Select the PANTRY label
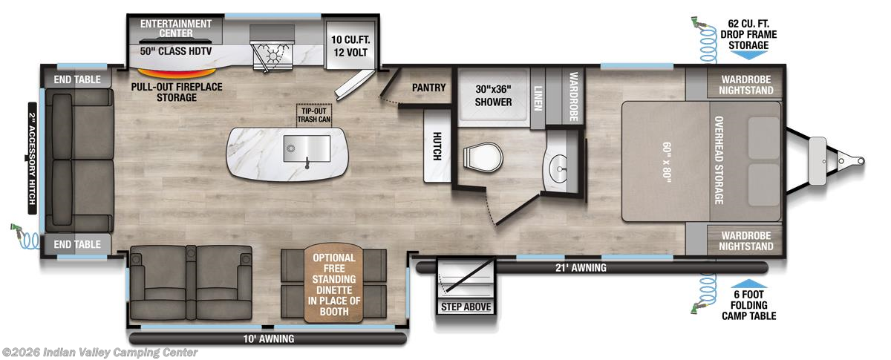pyautogui.click(x=428, y=88)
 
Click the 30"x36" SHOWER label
pyautogui.click(x=493, y=95)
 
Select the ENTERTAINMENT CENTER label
pyautogui.click(x=175, y=29)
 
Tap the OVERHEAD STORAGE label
pyautogui.click(x=719, y=159)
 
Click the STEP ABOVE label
pyautogui.click(x=466, y=306)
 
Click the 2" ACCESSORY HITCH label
pyautogui.click(x=33, y=158)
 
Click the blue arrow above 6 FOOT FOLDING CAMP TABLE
pyautogui.click(x=750, y=284)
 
